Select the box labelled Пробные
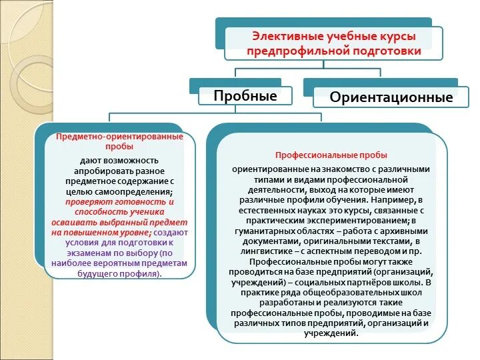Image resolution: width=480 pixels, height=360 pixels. pos(245,95)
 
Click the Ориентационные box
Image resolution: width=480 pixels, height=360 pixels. pos(391,97)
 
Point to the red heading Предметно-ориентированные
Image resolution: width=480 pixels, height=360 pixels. pos(120,136)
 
